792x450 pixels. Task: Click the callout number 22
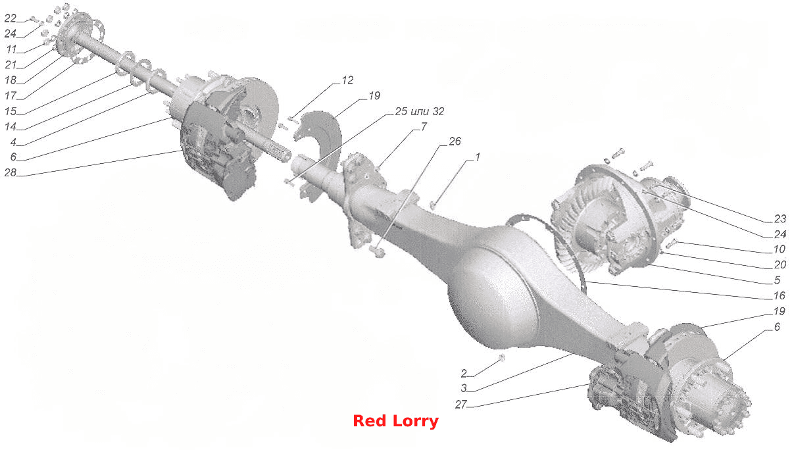click(x=11, y=18)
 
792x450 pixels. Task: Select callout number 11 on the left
click(x=12, y=49)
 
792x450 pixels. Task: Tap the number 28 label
click(x=11, y=172)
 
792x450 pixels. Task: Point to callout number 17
click(x=11, y=95)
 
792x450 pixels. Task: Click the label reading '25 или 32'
click(x=420, y=111)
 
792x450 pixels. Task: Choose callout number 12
click(x=347, y=80)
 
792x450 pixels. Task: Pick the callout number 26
click(x=455, y=141)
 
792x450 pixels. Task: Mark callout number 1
click(x=478, y=157)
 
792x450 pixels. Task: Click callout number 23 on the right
click(x=780, y=219)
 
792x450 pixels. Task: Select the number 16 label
click(x=780, y=295)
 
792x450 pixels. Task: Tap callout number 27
click(x=461, y=404)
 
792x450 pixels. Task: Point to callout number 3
click(x=464, y=388)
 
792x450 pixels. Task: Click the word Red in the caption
click(x=370, y=421)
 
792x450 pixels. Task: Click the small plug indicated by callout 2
click(x=501, y=358)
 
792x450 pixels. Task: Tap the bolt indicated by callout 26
click(x=378, y=251)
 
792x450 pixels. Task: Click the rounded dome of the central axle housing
click(x=494, y=297)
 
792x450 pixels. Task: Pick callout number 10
click(x=780, y=249)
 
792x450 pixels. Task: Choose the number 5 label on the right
click(x=777, y=280)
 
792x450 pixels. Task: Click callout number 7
click(x=424, y=126)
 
